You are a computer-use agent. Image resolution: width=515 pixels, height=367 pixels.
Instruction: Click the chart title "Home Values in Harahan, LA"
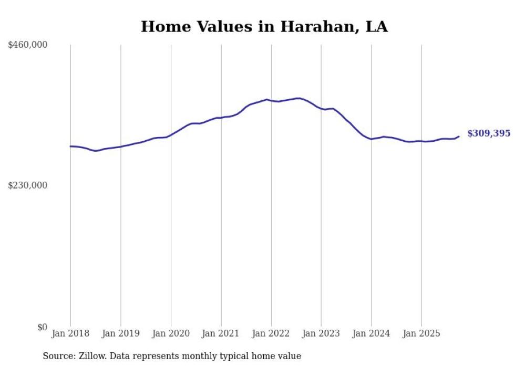[264, 27]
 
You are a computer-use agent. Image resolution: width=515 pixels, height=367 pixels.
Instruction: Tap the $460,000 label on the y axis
[28, 45]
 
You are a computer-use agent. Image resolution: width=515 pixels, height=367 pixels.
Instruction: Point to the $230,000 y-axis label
[28, 185]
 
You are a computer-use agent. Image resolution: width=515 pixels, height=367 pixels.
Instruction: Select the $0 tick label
[42, 327]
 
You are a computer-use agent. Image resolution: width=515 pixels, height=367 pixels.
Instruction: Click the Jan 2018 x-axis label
[70, 333]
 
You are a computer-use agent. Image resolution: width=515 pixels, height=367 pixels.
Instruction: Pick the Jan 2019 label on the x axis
[120, 333]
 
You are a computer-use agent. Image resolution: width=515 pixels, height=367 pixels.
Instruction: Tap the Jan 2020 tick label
[171, 333]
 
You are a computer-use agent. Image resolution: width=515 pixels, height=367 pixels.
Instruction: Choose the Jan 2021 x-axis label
[221, 333]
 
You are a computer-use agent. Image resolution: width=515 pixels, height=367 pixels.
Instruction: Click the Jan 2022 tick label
[271, 333]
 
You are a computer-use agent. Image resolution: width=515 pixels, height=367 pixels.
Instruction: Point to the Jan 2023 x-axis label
[321, 333]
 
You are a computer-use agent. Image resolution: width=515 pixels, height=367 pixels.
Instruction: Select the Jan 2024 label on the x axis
[371, 333]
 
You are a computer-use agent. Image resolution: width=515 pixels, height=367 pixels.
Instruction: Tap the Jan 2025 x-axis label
[421, 333]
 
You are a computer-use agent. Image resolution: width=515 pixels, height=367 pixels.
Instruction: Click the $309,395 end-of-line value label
[489, 133]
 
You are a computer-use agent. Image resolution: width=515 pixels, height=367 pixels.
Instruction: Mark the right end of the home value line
[459, 137]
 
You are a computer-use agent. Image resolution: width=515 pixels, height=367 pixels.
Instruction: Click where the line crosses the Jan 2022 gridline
[271, 100]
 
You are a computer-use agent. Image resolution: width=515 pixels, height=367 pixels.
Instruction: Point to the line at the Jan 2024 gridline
[371, 139]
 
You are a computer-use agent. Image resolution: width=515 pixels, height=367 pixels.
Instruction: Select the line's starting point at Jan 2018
[70, 146]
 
